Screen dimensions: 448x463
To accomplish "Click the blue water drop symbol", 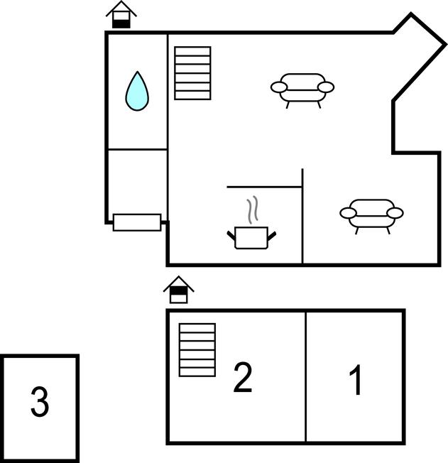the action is click(137, 92).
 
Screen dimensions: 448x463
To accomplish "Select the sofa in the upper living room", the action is click(302, 89).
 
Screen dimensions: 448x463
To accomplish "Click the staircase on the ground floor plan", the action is click(192, 73).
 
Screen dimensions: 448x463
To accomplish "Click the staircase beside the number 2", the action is click(197, 350).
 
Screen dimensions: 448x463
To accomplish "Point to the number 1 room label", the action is click(356, 380).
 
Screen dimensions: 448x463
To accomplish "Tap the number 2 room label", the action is click(243, 377).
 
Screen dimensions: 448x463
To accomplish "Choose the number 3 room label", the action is click(40, 402).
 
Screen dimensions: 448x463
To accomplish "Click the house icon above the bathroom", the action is click(121, 15).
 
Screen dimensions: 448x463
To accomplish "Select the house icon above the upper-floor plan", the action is click(179, 290).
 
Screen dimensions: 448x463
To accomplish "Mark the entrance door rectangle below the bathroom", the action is click(137, 222).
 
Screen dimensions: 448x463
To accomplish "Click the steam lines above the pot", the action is click(253, 209).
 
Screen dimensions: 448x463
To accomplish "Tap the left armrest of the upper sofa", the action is click(279, 87).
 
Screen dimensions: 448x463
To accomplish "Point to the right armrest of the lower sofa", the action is click(395, 213).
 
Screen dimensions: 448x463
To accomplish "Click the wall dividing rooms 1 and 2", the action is click(306, 376).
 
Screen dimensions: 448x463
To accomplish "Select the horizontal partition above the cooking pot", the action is click(264, 187).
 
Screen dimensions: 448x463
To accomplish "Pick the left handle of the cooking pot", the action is click(231, 235).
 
